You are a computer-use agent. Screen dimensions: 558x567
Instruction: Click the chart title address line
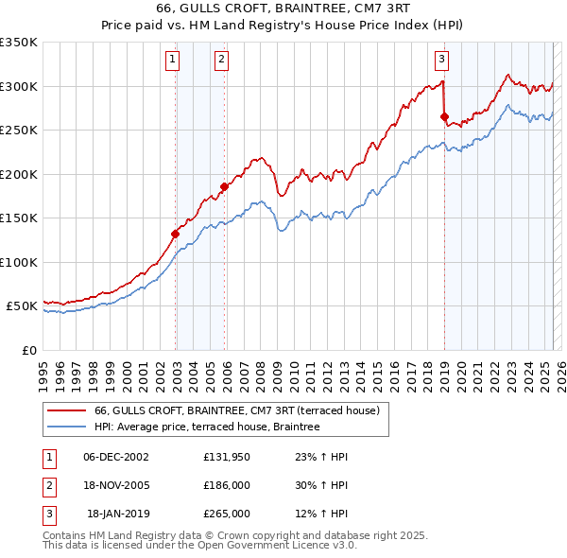(283, 9)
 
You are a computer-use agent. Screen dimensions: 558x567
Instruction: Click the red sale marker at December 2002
(176, 234)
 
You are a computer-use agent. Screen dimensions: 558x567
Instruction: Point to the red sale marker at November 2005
(225, 186)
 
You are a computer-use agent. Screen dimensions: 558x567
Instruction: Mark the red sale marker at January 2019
(444, 117)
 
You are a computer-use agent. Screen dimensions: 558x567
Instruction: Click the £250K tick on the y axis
(19, 131)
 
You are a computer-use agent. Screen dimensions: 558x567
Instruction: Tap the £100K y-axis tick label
(19, 262)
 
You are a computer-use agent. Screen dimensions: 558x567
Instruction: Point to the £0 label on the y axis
(28, 351)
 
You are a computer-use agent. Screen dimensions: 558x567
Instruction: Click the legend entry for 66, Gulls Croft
(236, 410)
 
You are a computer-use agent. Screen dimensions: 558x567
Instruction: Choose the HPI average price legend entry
(207, 427)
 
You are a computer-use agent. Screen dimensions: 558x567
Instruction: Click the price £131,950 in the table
(226, 456)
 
